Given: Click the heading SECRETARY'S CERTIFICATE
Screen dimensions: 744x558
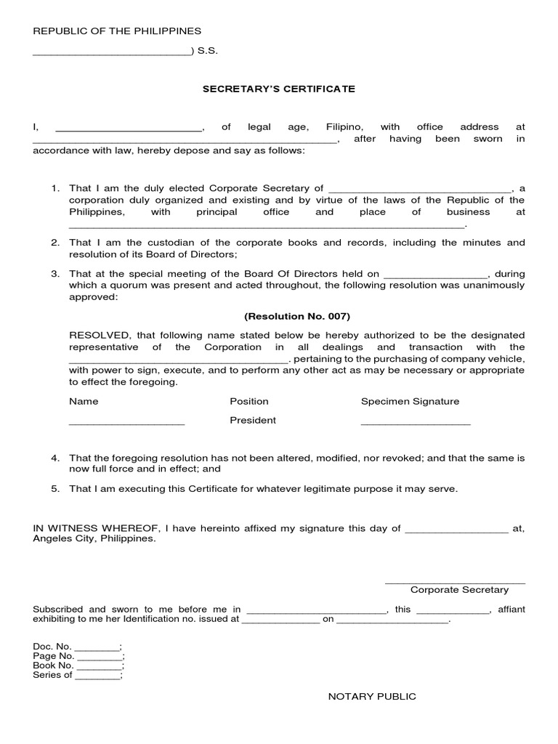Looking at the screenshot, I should [278, 89].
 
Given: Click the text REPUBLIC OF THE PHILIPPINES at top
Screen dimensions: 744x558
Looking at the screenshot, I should [117, 31].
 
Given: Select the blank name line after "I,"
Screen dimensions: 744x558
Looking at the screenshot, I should [129, 129].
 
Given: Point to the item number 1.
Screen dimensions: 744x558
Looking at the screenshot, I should [54, 188].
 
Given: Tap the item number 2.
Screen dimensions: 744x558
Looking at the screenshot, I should [54, 242].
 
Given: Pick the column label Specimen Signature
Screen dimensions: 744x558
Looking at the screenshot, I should [410, 401].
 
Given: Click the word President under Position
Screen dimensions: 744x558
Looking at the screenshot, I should [253, 420].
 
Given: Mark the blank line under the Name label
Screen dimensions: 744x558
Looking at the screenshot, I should [126, 422].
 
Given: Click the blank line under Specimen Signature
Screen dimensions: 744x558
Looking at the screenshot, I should [416, 422].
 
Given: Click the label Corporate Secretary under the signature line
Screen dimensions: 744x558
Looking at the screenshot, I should [459, 590].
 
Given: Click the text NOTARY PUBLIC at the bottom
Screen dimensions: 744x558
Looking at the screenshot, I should [372, 696].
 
